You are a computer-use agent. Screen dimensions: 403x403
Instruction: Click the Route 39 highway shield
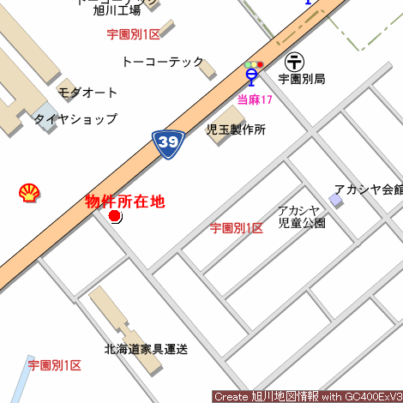point(171,144)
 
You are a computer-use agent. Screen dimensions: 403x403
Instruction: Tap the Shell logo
point(28,193)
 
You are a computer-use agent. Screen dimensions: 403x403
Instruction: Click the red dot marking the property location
point(115,216)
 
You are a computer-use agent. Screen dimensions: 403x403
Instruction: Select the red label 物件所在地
point(124,201)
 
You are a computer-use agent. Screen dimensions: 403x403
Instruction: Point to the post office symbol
point(294,62)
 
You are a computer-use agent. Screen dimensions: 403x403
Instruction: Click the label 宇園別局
point(302,79)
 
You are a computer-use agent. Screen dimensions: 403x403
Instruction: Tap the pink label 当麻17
point(255,99)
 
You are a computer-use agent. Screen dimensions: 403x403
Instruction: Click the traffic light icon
point(253,64)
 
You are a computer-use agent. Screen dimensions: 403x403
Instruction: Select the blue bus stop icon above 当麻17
point(251,77)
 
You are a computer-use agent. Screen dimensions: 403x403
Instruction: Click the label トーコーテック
point(163,62)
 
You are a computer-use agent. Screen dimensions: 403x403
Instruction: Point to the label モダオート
point(87,92)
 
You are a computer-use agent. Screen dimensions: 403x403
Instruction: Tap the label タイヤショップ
point(75,119)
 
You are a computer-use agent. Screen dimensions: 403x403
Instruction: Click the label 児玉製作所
point(236,129)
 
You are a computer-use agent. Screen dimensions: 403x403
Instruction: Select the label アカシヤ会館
point(368,189)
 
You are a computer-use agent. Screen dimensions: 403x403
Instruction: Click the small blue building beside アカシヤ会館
point(336,200)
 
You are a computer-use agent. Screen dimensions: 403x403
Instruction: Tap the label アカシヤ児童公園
point(301,216)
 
